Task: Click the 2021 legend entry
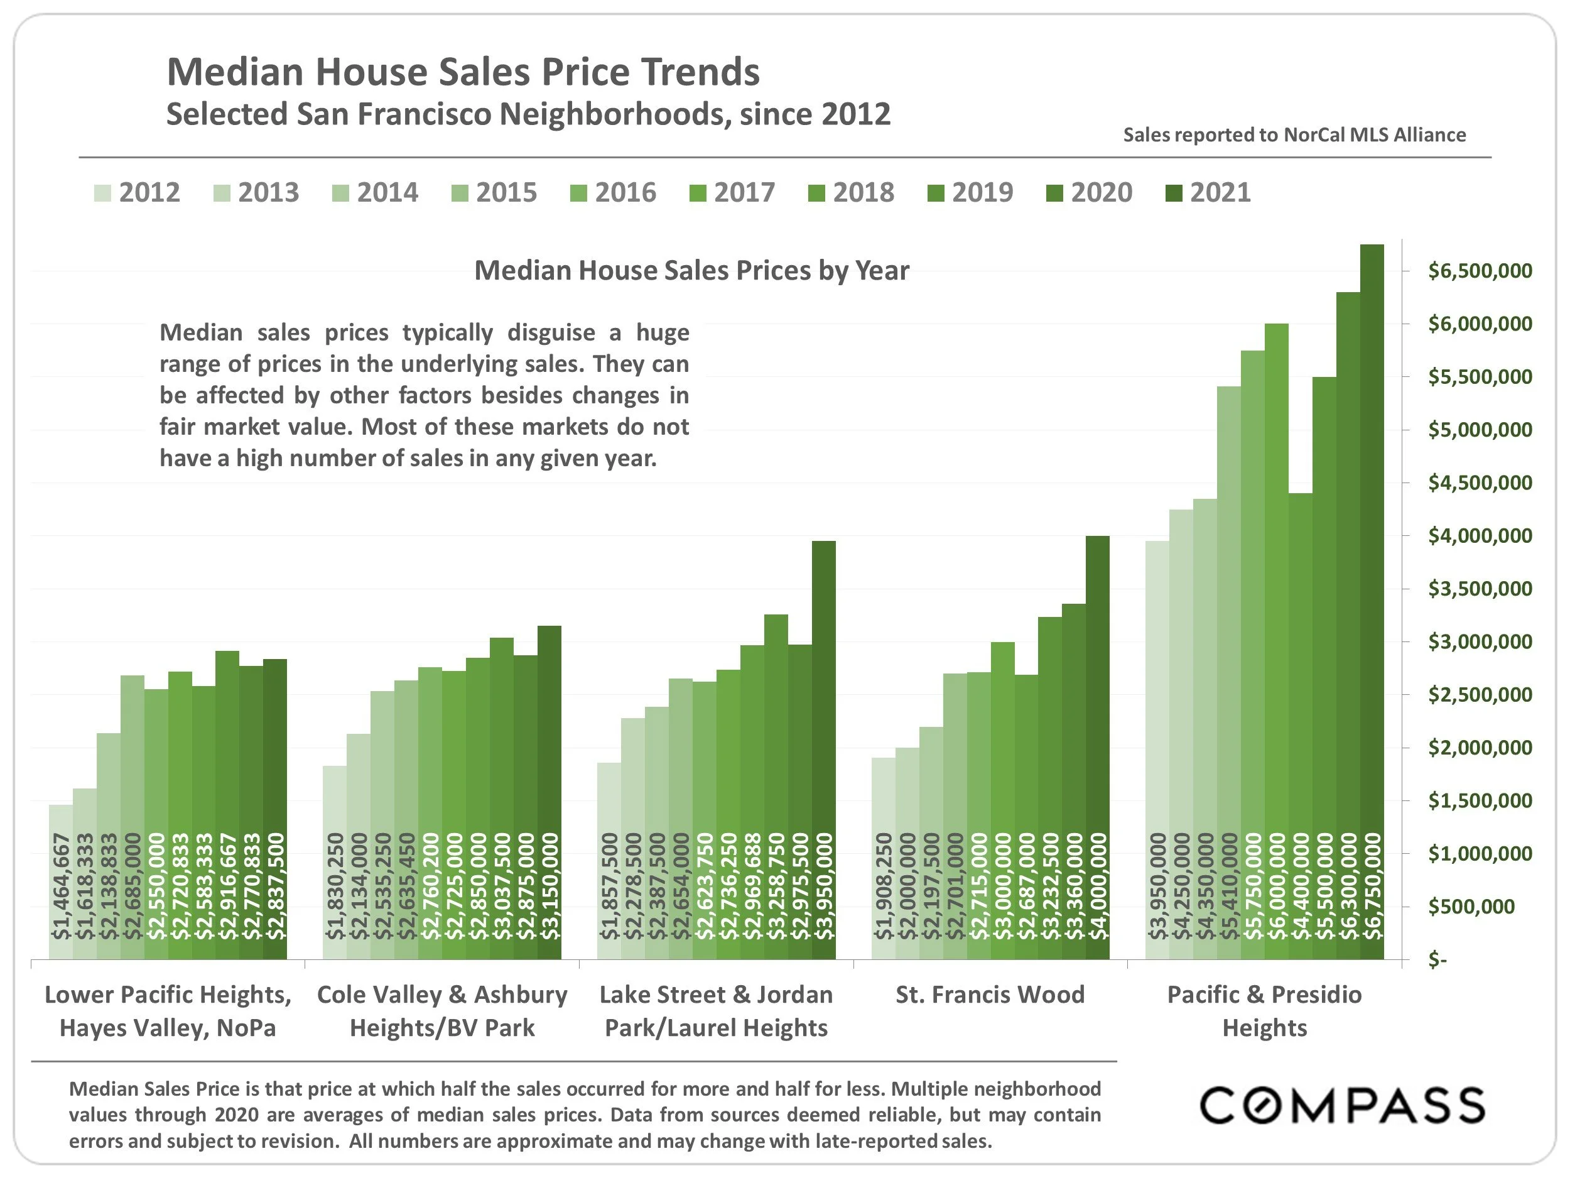pyautogui.click(x=1208, y=192)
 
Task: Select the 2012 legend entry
pyautogui.click(x=138, y=192)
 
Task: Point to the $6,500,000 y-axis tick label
pyautogui.click(x=1480, y=271)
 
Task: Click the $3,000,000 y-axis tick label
pyautogui.click(x=1480, y=642)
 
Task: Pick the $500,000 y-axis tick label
pyautogui.click(x=1471, y=907)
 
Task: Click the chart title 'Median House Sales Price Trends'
pyautogui.click(x=463, y=72)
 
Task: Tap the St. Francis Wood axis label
pyautogui.click(x=990, y=995)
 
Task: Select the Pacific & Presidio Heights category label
pyautogui.click(x=1264, y=1011)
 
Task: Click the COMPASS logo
pyautogui.click(x=1341, y=1106)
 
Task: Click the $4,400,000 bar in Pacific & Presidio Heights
pyautogui.click(x=1301, y=724)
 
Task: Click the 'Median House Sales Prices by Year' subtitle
pyautogui.click(x=691, y=271)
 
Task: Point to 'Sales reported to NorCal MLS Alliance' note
pyautogui.click(x=1294, y=135)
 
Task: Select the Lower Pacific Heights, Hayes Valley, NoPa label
pyautogui.click(x=168, y=1011)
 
